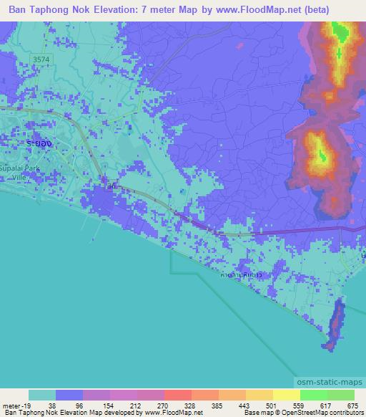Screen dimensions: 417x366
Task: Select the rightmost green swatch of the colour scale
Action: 340,395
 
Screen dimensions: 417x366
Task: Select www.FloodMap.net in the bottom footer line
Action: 172,413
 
